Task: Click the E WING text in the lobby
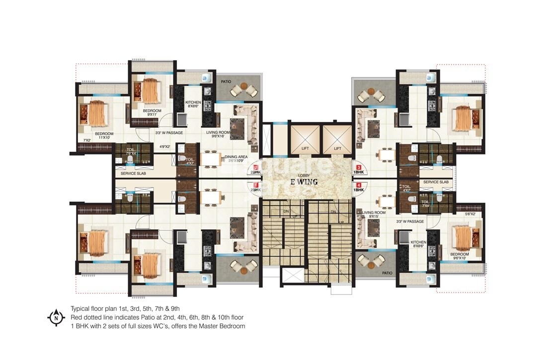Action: [304, 182]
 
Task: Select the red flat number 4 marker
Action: [358, 186]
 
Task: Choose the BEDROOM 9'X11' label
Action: [153, 113]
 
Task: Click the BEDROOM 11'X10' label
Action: [105, 136]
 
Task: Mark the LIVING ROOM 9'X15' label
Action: [374, 214]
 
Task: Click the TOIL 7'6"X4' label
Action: [131, 151]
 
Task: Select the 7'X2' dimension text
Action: [87, 141]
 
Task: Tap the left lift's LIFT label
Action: [305, 148]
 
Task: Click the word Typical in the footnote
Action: [80, 308]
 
